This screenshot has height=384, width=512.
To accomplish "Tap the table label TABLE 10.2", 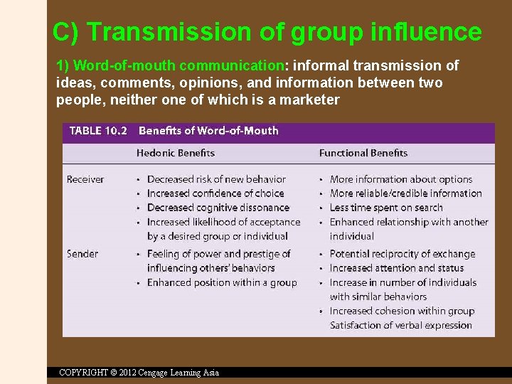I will point(98,131).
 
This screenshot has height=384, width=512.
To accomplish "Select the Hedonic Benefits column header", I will point(176,153).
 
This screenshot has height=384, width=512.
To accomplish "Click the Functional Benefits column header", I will point(363,153).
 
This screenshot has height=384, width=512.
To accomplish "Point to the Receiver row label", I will point(85,179).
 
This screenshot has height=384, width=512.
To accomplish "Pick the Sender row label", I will point(82,254).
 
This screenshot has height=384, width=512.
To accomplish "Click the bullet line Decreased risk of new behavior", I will point(216,179).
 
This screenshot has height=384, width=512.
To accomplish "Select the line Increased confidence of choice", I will point(215,193).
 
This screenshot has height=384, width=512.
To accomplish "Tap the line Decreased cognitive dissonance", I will point(218,208).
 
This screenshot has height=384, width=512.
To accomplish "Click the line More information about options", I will point(401,179).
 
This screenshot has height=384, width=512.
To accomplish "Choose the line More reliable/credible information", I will point(406,193).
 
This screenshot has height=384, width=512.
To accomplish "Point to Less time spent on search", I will point(386,208).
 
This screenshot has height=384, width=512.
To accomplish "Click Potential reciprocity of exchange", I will point(402,254).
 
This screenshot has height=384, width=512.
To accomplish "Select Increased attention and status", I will point(397,268).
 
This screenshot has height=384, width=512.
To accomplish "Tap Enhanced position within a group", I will point(222,282).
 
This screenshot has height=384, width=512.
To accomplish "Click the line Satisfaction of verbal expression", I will point(401,325).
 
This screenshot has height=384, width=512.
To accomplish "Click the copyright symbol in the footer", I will point(114,373).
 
